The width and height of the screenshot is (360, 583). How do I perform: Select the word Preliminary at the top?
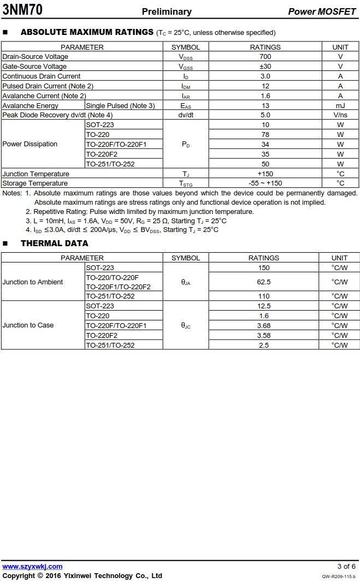(x=167, y=11)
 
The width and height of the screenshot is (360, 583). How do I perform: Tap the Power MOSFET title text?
(x=322, y=11)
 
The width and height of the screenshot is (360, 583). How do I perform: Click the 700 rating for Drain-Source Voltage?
(x=265, y=57)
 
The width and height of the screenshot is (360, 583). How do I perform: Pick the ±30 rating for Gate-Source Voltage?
(x=265, y=67)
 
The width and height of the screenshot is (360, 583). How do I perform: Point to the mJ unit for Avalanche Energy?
(x=340, y=106)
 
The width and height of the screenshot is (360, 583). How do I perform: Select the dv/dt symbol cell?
(x=186, y=115)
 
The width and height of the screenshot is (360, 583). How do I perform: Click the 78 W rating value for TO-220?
(x=265, y=135)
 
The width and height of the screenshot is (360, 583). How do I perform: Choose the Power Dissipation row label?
(x=30, y=144)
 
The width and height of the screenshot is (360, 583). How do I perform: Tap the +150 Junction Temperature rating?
(x=265, y=174)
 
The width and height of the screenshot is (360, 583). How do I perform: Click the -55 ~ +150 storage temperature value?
(x=265, y=183)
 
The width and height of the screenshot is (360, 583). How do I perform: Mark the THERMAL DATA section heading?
(x=54, y=243)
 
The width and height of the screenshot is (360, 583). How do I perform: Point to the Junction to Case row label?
(x=28, y=325)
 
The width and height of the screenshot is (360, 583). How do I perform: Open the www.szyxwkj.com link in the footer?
(x=32, y=567)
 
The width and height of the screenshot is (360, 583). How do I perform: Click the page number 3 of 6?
(x=346, y=567)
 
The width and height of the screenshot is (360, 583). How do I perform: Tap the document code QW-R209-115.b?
(x=338, y=576)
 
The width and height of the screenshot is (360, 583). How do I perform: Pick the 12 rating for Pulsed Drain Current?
(x=265, y=86)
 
